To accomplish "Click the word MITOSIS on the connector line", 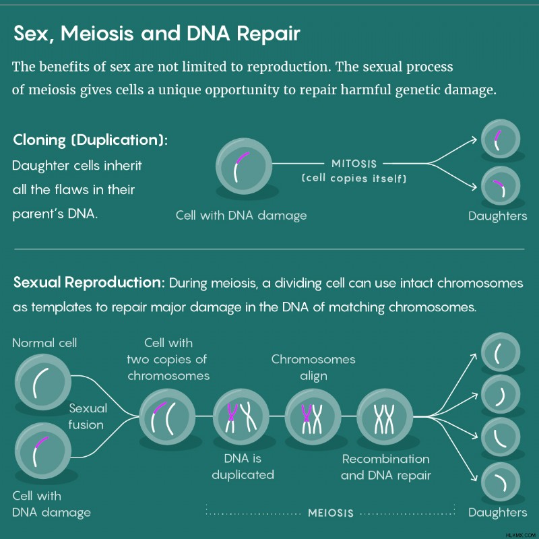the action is click(354, 164).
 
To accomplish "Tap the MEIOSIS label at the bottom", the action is click(331, 513).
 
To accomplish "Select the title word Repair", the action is click(268, 33).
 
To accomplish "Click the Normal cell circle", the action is click(43, 382).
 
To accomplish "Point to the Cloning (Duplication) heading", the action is click(90, 140).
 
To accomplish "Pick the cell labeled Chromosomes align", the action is click(313, 416).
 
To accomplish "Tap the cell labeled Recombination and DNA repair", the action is click(385, 416).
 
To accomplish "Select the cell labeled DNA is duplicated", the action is click(241, 416).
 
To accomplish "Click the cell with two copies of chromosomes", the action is click(167, 416).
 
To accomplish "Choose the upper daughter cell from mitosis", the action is click(501, 139).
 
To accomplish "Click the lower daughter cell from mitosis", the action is click(501, 186).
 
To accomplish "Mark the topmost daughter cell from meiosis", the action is click(501, 352).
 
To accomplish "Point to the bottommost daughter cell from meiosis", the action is click(501, 482).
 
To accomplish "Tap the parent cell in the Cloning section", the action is click(244, 166).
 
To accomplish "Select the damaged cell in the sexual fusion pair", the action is click(43, 451).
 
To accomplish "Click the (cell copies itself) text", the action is click(354, 178).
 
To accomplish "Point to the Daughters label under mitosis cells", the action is click(497, 216).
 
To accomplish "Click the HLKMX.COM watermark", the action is click(521, 536).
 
